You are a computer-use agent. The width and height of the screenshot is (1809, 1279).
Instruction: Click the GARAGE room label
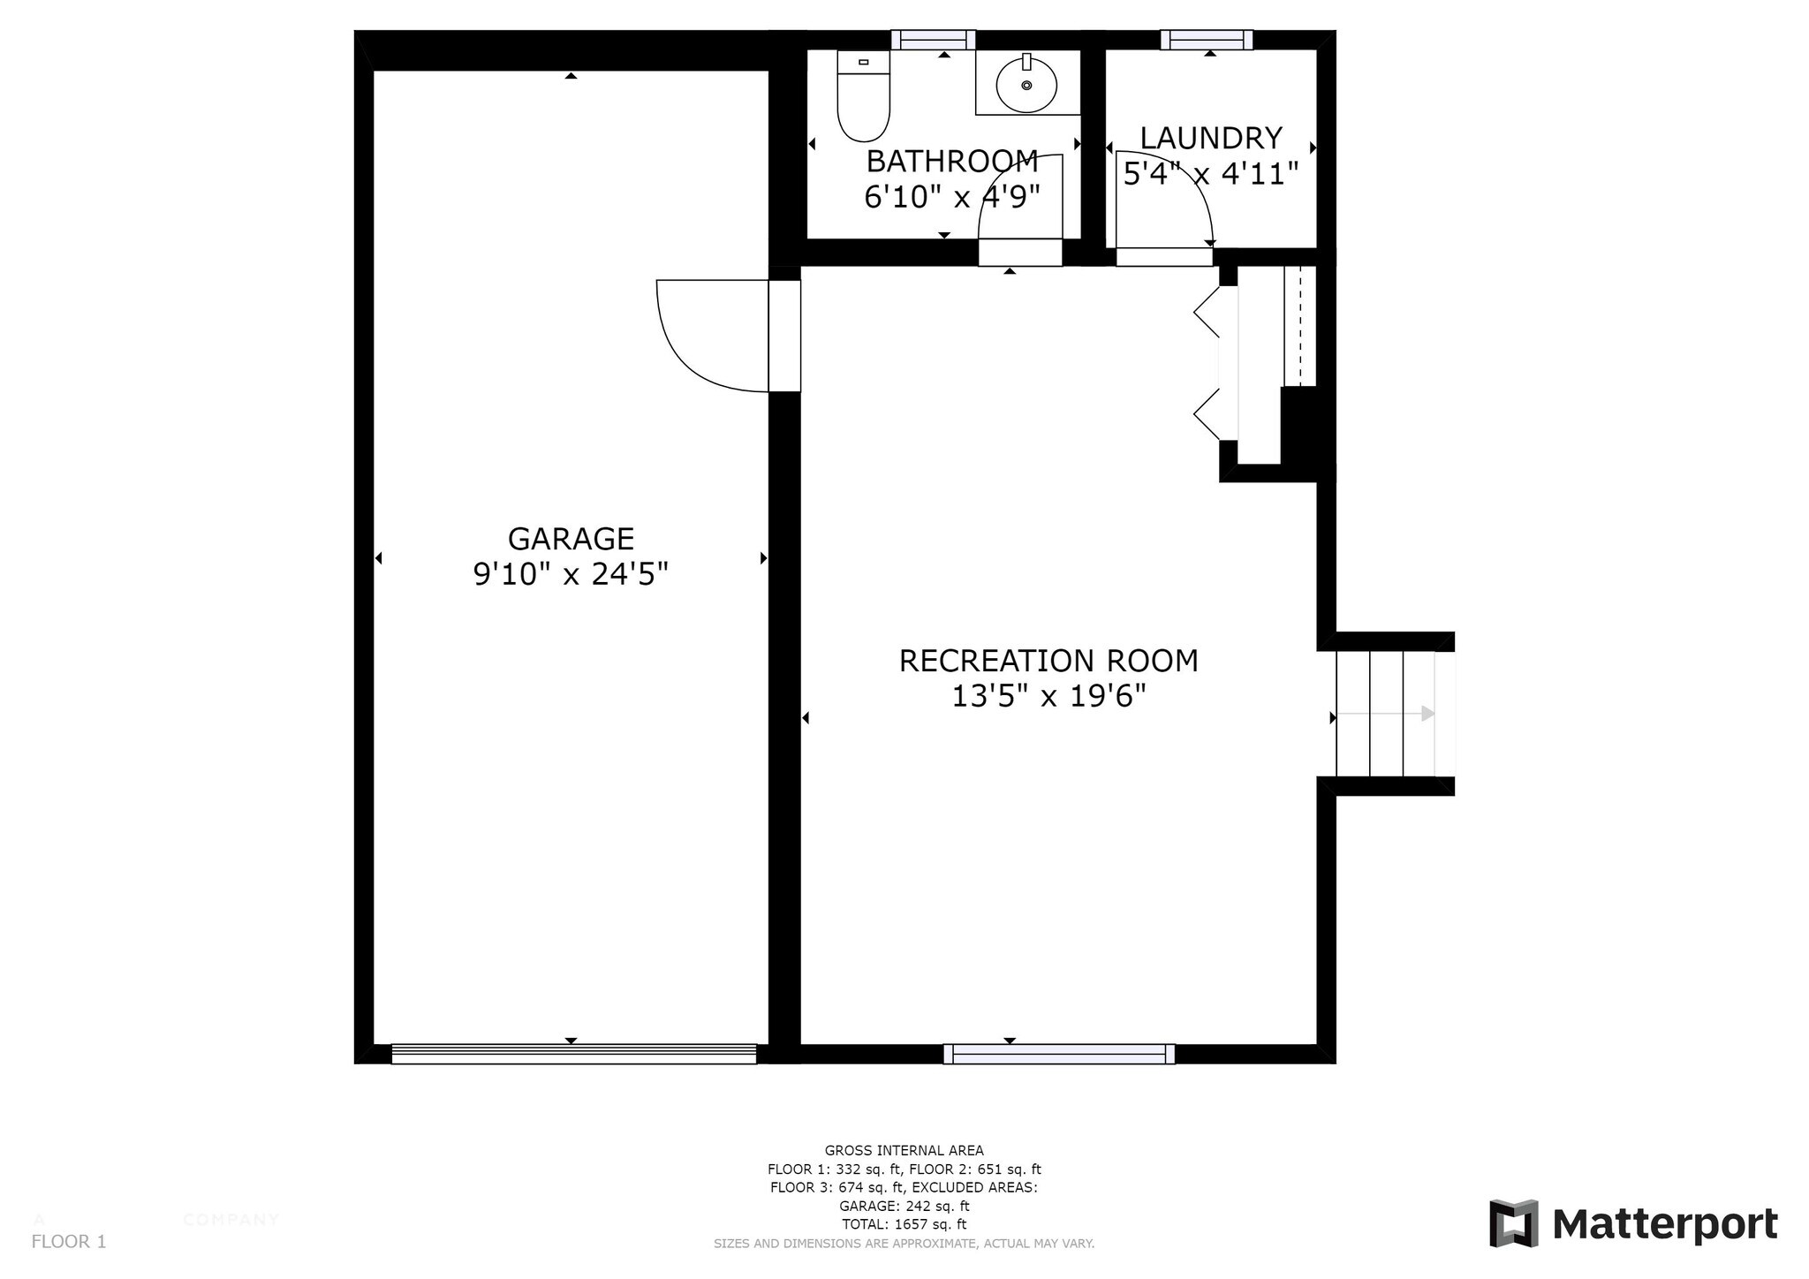pyautogui.click(x=571, y=539)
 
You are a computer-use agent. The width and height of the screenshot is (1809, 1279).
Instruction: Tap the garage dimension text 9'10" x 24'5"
pyautogui.click(x=571, y=575)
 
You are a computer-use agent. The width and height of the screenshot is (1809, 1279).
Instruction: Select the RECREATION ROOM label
pyautogui.click(x=1048, y=661)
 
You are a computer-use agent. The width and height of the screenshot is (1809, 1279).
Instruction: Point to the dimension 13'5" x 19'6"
pyautogui.click(x=1048, y=697)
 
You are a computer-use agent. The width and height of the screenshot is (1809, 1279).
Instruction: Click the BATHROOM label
pyautogui.click(x=952, y=162)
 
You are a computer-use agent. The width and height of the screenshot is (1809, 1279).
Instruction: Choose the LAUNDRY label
pyautogui.click(x=1210, y=139)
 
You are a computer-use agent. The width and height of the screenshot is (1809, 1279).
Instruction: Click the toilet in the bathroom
pyautogui.click(x=863, y=97)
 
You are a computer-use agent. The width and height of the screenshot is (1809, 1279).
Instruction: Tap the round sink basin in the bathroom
pyautogui.click(x=1026, y=86)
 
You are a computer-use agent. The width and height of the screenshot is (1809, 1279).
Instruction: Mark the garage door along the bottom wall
pyautogui.click(x=574, y=1053)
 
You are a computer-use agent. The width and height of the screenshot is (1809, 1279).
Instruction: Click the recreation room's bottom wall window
pyautogui.click(x=1059, y=1054)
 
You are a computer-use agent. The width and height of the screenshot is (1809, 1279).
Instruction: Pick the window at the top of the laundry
pyautogui.click(x=1207, y=40)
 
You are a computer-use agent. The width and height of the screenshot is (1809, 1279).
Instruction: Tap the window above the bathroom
pyautogui.click(x=933, y=40)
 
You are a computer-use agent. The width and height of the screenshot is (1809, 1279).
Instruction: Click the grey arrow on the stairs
pyautogui.click(x=1426, y=714)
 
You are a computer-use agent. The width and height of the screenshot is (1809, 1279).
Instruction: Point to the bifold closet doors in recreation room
pyautogui.click(x=1208, y=362)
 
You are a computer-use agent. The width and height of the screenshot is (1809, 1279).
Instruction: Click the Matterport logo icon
pyautogui.click(x=1513, y=1223)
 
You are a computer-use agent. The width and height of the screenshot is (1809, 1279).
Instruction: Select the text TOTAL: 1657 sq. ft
pyautogui.click(x=904, y=1224)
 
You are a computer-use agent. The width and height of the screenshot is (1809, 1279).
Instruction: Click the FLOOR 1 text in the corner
pyautogui.click(x=68, y=1242)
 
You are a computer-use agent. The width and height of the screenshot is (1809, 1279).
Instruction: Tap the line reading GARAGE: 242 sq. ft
pyautogui.click(x=904, y=1206)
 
